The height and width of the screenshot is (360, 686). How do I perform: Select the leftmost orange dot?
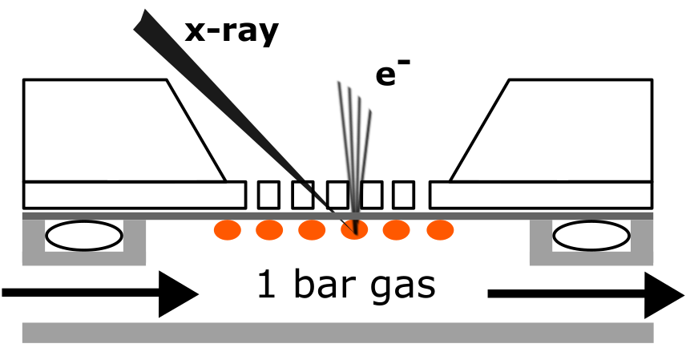[228, 230]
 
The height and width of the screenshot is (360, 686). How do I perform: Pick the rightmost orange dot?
[439, 230]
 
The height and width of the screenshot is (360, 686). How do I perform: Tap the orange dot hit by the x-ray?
[354, 230]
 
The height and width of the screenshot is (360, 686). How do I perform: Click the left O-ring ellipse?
[84, 236]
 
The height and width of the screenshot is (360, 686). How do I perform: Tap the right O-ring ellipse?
[591, 236]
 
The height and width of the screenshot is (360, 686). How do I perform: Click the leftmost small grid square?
[268, 195]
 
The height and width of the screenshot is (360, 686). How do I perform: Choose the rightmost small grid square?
[403, 195]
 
